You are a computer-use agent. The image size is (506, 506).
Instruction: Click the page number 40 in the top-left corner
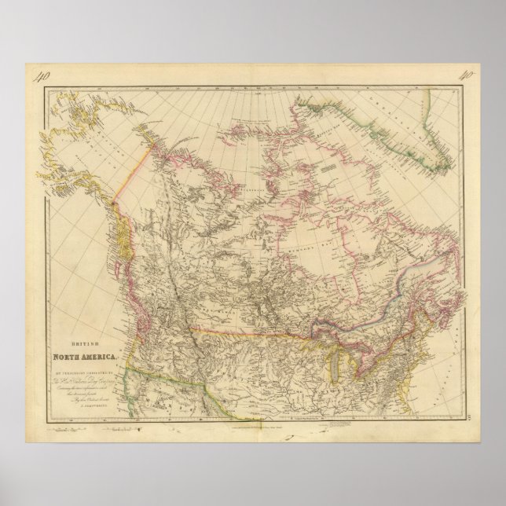pyautogui.click(x=42, y=77)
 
